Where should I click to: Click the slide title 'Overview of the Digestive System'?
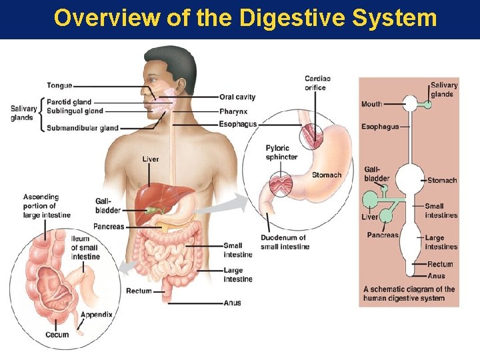[x=245, y=18]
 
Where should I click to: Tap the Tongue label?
[x=59, y=85]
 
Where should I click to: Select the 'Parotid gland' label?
[x=69, y=102]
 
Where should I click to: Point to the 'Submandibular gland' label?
[x=83, y=128]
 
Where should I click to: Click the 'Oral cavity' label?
[x=237, y=97]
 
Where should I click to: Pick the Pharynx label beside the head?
[x=233, y=111]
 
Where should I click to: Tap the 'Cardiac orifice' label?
[x=317, y=83]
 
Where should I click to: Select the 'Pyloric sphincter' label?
[x=281, y=153]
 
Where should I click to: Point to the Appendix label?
[x=96, y=315]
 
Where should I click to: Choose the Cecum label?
[x=57, y=335]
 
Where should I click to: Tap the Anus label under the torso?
[x=233, y=303]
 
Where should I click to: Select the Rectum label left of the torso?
[x=139, y=291]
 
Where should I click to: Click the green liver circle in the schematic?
[x=369, y=200]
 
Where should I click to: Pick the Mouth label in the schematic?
[x=371, y=104]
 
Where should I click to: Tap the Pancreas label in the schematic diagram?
[x=382, y=235]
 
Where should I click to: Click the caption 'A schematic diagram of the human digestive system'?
[x=409, y=294]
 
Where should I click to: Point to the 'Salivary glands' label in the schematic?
[x=443, y=89]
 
